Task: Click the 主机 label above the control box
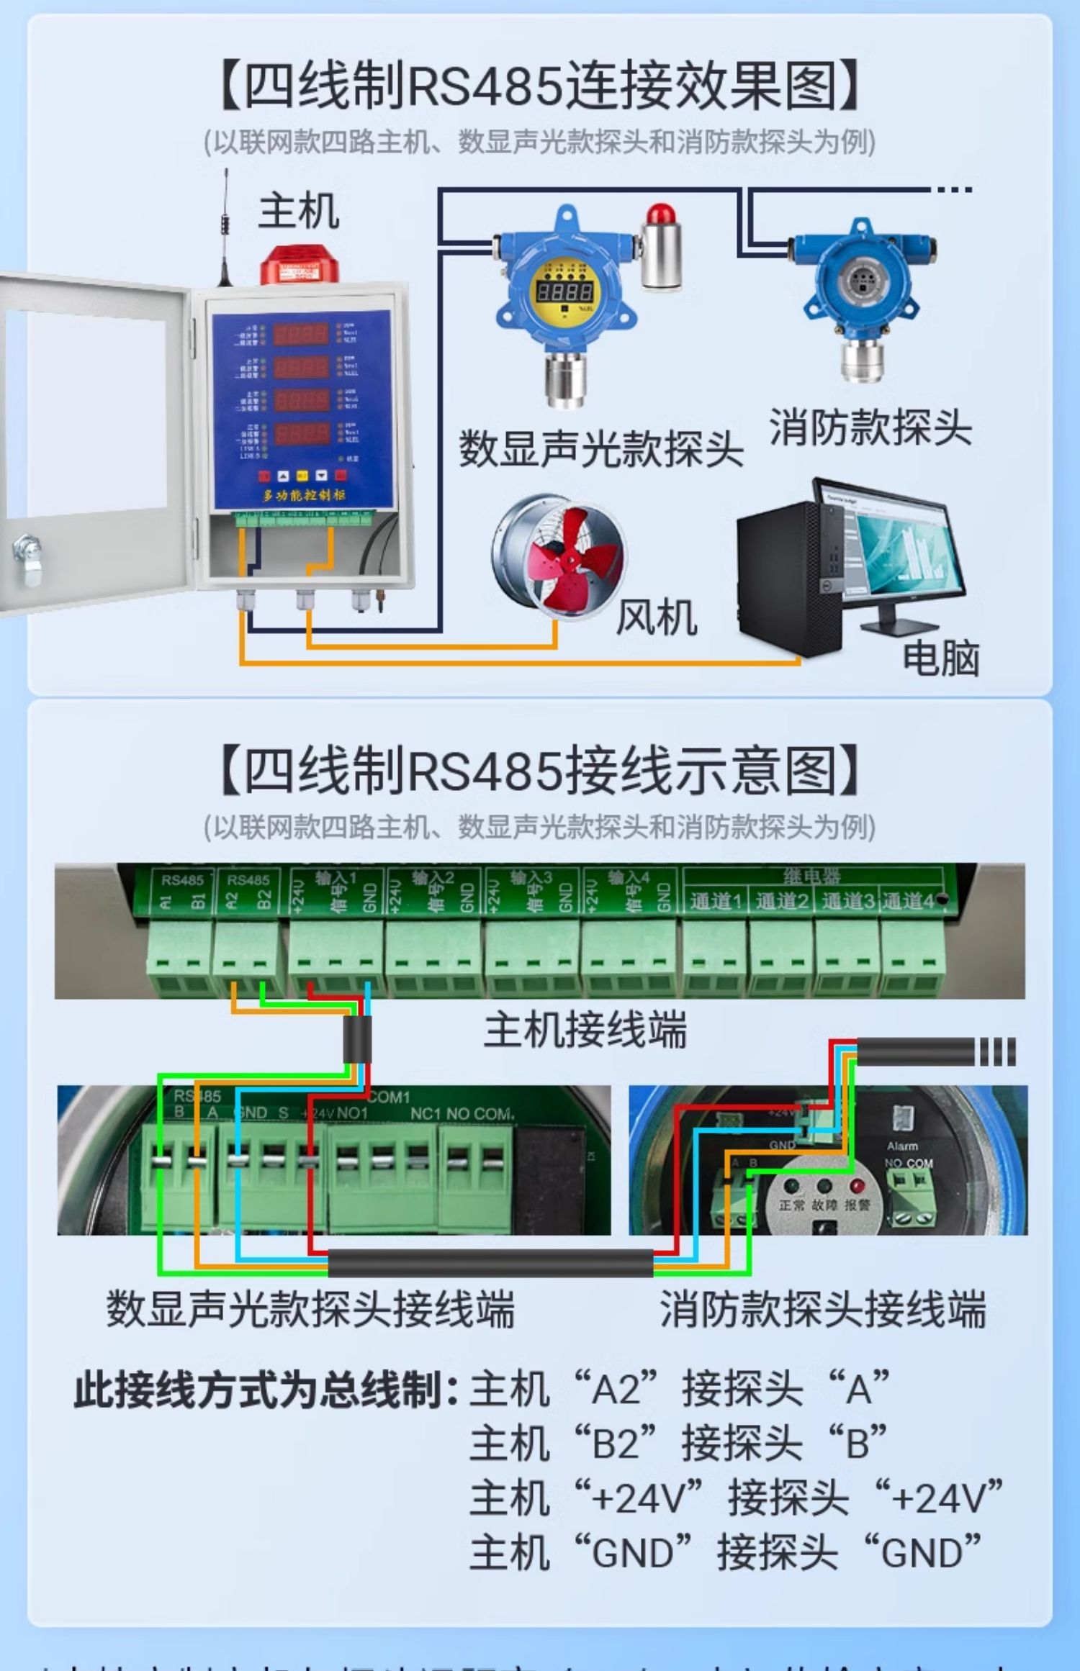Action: (x=299, y=211)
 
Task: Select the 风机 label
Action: (x=656, y=617)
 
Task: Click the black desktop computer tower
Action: (x=788, y=579)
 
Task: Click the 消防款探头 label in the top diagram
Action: (x=870, y=427)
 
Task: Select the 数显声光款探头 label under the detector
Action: (x=601, y=449)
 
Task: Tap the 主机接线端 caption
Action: (x=585, y=1029)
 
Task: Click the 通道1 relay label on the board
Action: (x=715, y=902)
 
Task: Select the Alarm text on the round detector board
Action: (x=901, y=1146)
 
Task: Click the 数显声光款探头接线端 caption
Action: (x=311, y=1308)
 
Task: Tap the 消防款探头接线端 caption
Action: (x=822, y=1308)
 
